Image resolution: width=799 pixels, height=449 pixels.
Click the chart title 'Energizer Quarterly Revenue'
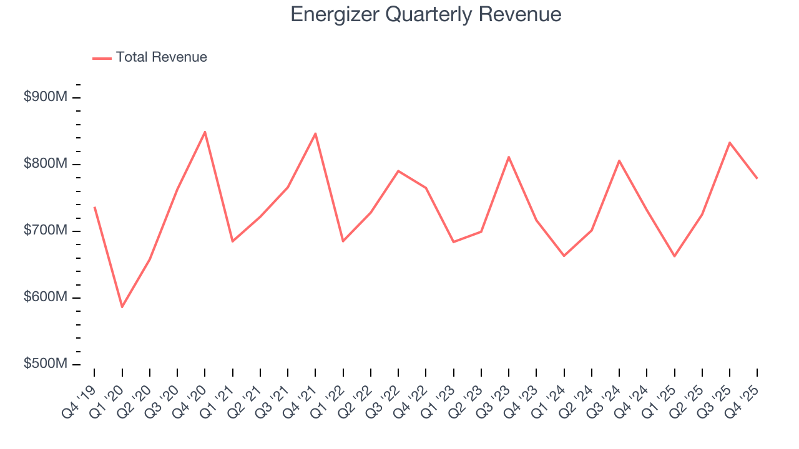(426, 15)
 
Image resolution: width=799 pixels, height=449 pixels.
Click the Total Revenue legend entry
(150, 57)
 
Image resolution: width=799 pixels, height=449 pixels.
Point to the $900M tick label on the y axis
(45, 97)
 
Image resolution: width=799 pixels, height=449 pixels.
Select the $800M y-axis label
(45, 164)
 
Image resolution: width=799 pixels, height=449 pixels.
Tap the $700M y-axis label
(45, 231)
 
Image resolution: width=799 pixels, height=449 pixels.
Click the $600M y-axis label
(45, 297)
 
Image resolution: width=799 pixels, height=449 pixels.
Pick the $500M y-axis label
(45, 364)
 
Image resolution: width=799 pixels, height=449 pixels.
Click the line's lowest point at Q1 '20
(122, 307)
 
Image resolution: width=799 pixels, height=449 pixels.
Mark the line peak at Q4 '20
(205, 132)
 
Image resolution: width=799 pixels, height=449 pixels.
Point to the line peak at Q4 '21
(315, 133)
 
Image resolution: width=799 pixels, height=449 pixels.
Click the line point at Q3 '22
(398, 171)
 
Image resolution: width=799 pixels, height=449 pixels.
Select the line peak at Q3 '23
(509, 157)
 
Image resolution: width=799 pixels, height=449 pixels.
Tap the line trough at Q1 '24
(564, 256)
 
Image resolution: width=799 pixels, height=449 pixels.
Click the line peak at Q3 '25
(730, 142)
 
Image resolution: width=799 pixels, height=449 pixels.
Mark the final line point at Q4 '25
(757, 178)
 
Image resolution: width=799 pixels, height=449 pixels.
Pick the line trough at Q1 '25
(674, 256)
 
